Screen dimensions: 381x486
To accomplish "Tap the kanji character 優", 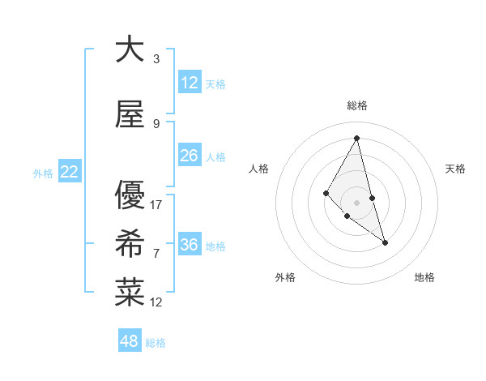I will click(130, 195).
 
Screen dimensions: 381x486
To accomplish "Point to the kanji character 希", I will click(130, 243).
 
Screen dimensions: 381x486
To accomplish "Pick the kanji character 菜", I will click(130, 293).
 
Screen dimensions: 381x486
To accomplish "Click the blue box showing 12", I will click(190, 83).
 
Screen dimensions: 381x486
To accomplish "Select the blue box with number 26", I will click(190, 156).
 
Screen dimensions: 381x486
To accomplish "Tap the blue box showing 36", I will click(190, 245).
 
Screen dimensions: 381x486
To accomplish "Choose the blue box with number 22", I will click(70, 172).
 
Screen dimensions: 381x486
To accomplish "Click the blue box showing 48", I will click(130, 341).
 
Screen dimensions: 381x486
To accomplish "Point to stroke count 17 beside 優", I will click(156, 204).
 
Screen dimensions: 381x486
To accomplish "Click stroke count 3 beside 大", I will click(156, 59).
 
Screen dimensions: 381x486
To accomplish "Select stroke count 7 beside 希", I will click(156, 254).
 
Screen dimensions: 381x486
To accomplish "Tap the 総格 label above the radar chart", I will click(357, 105).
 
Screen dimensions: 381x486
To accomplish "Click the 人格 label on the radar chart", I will click(258, 169).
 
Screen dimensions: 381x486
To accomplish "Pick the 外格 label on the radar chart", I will click(285, 277).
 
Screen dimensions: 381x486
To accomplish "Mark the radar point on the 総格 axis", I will click(356, 138).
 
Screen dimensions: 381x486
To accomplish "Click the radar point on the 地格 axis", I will click(385, 242).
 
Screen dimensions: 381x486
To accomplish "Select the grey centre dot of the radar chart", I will click(356, 202).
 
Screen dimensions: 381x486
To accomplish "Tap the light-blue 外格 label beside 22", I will click(43, 173).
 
